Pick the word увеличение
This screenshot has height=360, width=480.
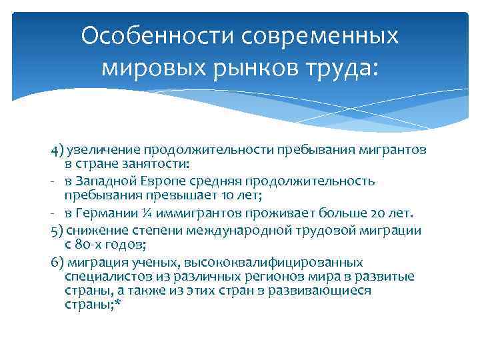(97, 149)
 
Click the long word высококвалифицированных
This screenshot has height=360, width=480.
(280, 262)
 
